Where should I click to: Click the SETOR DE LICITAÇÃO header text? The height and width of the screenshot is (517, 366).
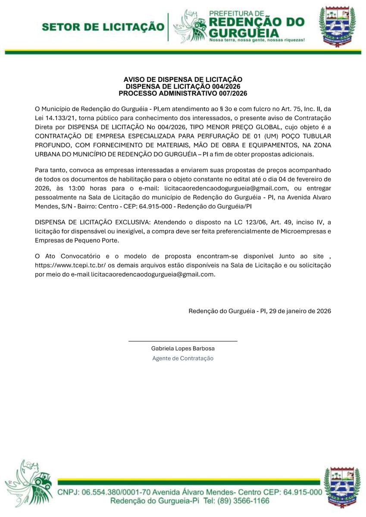(103, 27)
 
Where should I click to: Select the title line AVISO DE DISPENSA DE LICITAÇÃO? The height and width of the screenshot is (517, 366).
(183, 79)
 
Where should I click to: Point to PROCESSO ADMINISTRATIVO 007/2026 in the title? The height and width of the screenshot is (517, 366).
(183, 93)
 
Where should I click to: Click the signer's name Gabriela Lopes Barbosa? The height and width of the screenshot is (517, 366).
(183, 349)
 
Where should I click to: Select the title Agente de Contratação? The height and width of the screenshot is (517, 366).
(183, 358)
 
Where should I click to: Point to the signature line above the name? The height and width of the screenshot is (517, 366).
(183, 341)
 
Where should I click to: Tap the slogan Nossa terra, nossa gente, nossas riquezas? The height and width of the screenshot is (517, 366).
(257, 40)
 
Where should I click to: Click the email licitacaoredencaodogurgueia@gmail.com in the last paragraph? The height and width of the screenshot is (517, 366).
(153, 274)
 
